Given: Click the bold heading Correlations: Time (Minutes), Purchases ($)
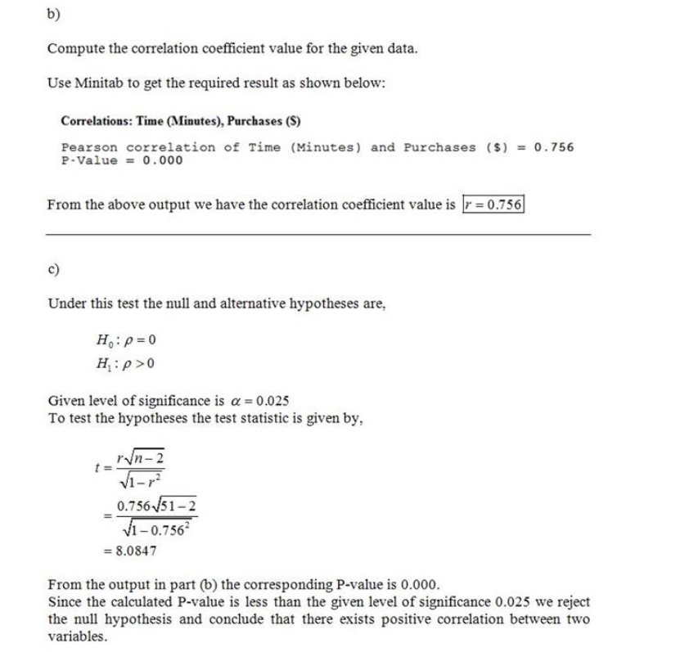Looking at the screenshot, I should [181, 122].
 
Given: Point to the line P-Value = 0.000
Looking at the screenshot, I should [122, 160].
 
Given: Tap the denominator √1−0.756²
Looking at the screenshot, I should [154, 526].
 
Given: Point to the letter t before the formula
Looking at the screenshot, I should [98, 469].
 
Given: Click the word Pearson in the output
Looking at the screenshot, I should [90, 147].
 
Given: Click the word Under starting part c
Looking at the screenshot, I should [66, 304].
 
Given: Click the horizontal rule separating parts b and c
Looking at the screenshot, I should [319, 235].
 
